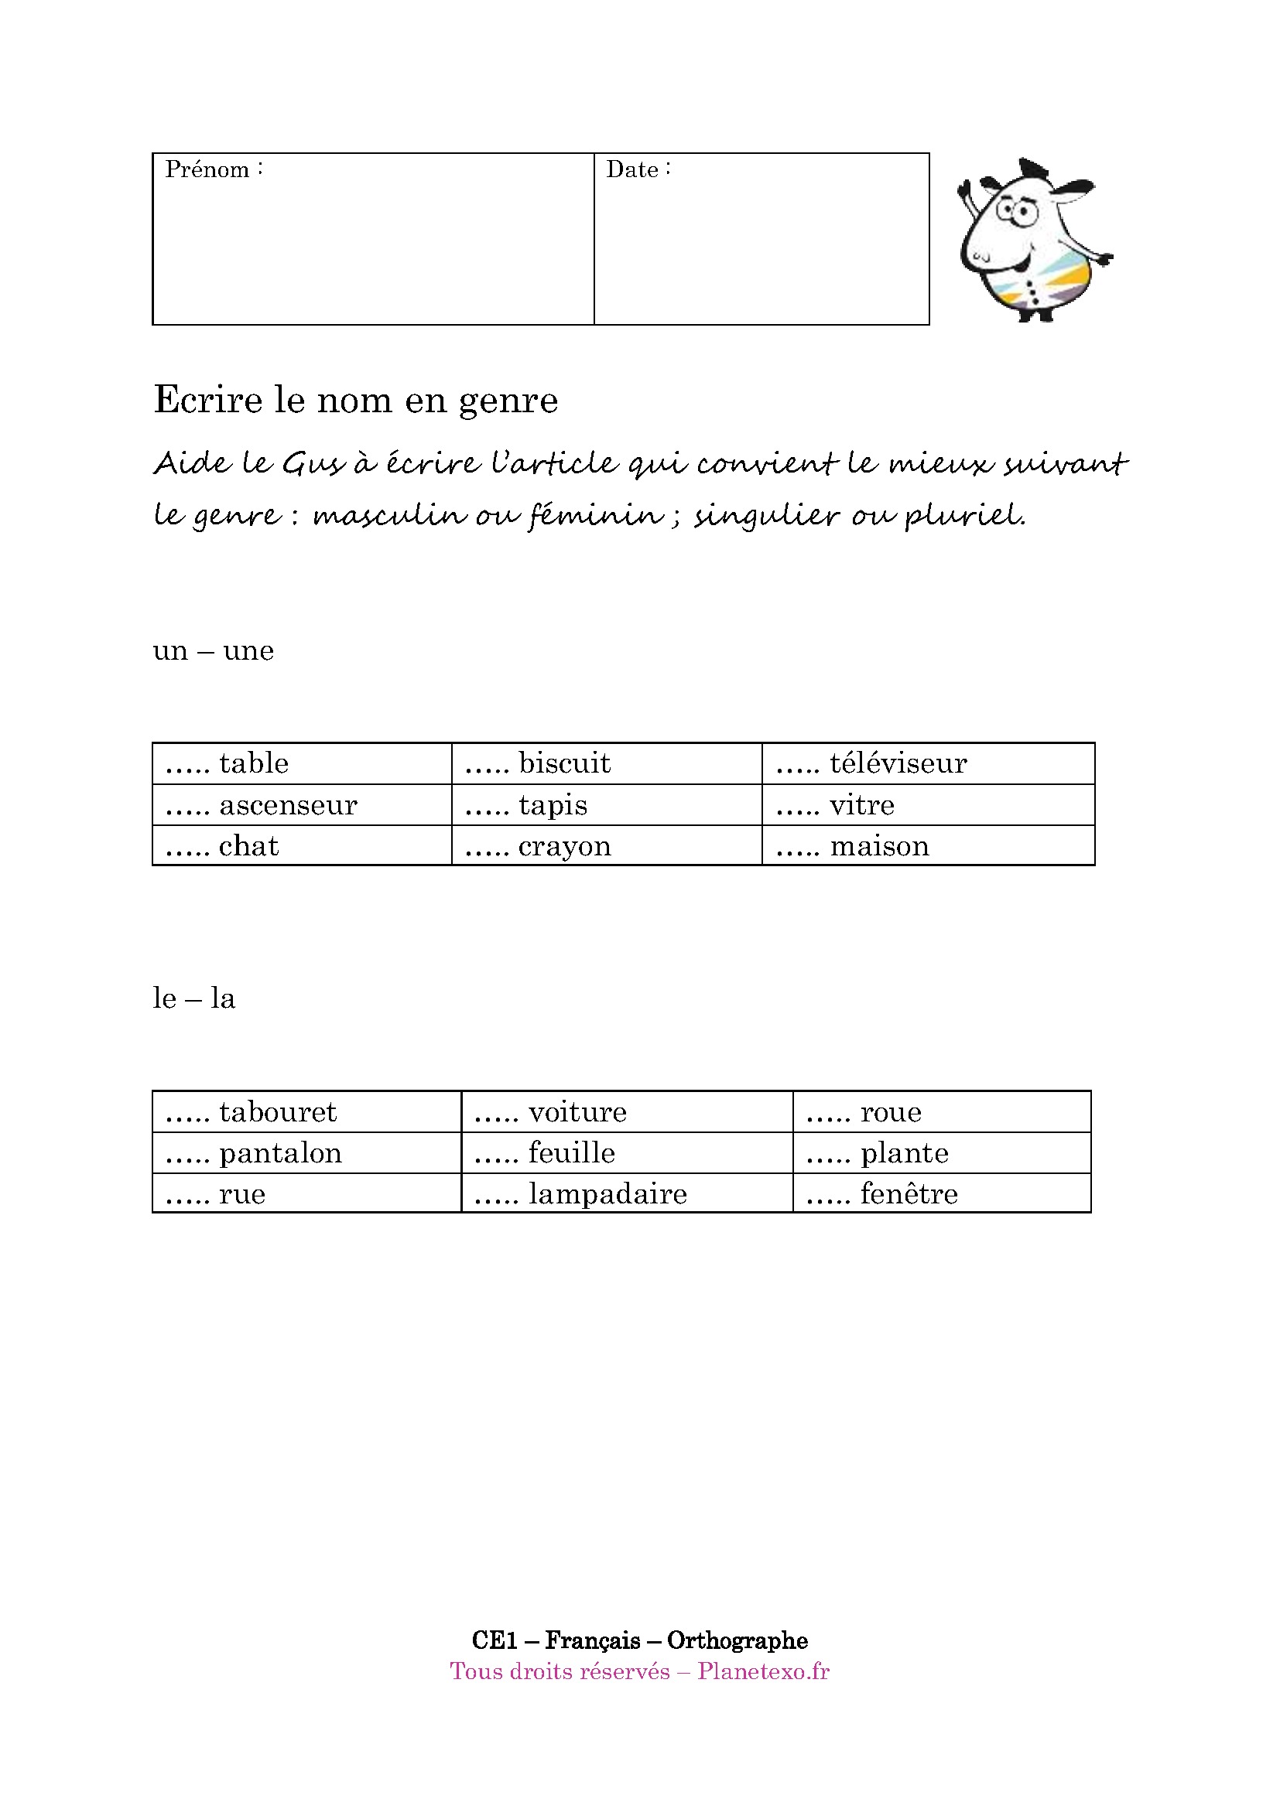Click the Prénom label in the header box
pyautogui.click(x=207, y=169)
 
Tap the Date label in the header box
pyautogui.click(x=632, y=169)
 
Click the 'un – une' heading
pyautogui.click(x=213, y=650)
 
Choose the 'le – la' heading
pyautogui.click(x=194, y=998)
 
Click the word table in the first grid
pyautogui.click(x=254, y=763)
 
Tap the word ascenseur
pyautogui.click(x=288, y=804)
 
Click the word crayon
pyautogui.click(x=564, y=845)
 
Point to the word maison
pyautogui.click(x=880, y=845)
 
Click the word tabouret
pyautogui.click(x=278, y=1111)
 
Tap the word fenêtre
pyautogui.click(x=909, y=1193)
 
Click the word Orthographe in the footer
pyautogui.click(x=737, y=1640)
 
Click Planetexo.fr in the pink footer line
pyautogui.click(x=763, y=1671)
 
